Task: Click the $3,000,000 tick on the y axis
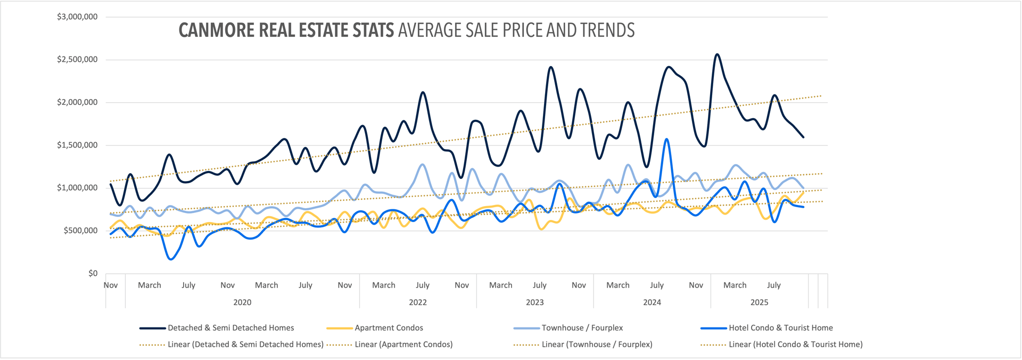point(77,17)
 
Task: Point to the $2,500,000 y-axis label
point(77,60)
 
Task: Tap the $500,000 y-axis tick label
point(80,231)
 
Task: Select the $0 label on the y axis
point(93,273)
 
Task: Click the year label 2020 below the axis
point(242,302)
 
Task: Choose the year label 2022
point(418,302)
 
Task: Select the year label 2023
point(535,302)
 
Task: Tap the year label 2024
point(652,302)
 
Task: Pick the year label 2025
point(759,302)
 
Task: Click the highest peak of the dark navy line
point(717,54)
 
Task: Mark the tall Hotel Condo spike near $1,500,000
point(667,140)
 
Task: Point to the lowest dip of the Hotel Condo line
point(170,259)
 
